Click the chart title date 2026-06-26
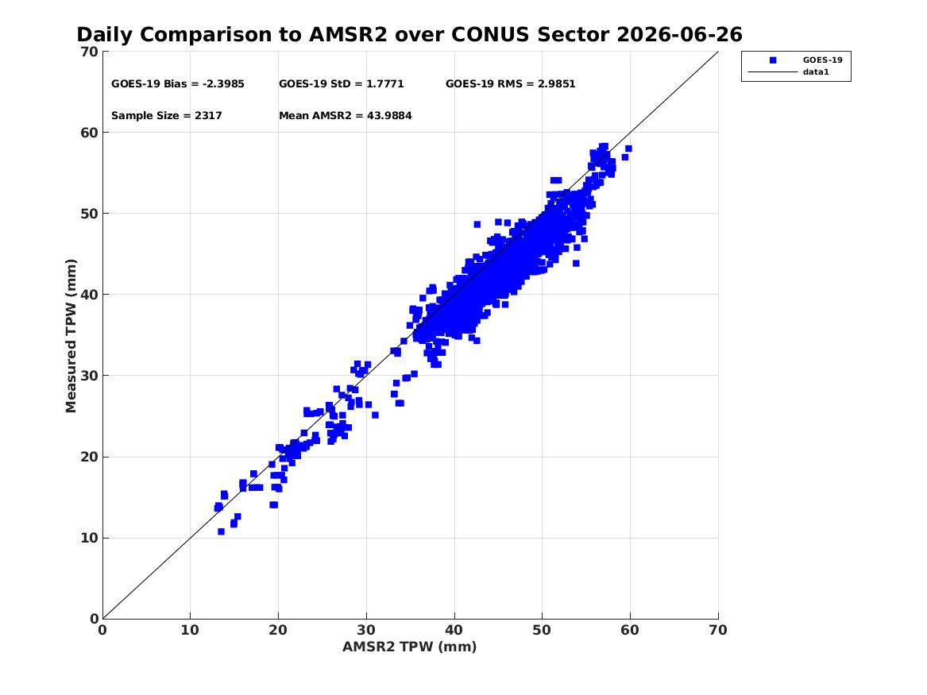(679, 35)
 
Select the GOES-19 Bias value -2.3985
(223, 84)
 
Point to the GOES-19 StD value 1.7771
(385, 84)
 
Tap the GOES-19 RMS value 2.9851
(556, 84)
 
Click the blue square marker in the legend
(773, 60)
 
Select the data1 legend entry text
(816, 72)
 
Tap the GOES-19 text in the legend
(822, 60)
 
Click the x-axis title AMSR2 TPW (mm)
(410, 647)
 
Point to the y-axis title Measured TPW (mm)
(71, 336)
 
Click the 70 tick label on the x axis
(718, 630)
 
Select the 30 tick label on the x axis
(366, 630)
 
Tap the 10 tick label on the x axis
(190, 630)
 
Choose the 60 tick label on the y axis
(89, 133)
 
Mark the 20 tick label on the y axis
(89, 457)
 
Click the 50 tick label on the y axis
(89, 214)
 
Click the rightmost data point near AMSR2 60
(628, 149)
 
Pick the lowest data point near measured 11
(221, 532)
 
